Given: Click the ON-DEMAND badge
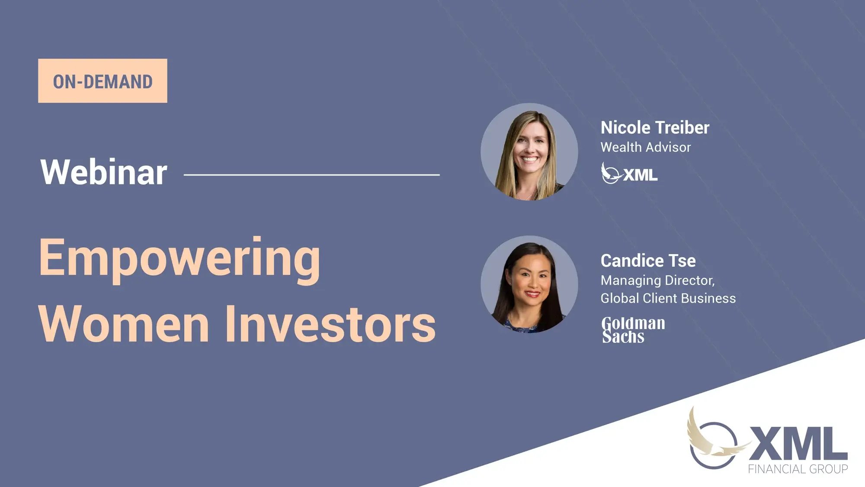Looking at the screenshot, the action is [103, 81].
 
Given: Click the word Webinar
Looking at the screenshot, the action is [104, 172].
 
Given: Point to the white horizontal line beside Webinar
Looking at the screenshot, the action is [312, 175].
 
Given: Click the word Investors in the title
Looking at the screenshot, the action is [331, 324].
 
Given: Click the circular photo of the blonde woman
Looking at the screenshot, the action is [529, 152].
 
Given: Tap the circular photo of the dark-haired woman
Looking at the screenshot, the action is [529, 284].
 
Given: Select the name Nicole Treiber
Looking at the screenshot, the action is [655, 128].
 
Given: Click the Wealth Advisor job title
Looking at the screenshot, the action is [646, 147].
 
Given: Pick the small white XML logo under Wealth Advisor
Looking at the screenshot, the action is [629, 173].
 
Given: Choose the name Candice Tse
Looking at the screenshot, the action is [648, 261].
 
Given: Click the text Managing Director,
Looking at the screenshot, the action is [658, 281].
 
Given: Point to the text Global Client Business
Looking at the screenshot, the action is [668, 298].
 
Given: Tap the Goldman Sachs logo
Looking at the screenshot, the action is [633, 330].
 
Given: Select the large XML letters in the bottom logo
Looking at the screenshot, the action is [798, 443].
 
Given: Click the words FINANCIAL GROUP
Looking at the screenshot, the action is [798, 469].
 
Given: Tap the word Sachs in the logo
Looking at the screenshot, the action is [623, 337].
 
